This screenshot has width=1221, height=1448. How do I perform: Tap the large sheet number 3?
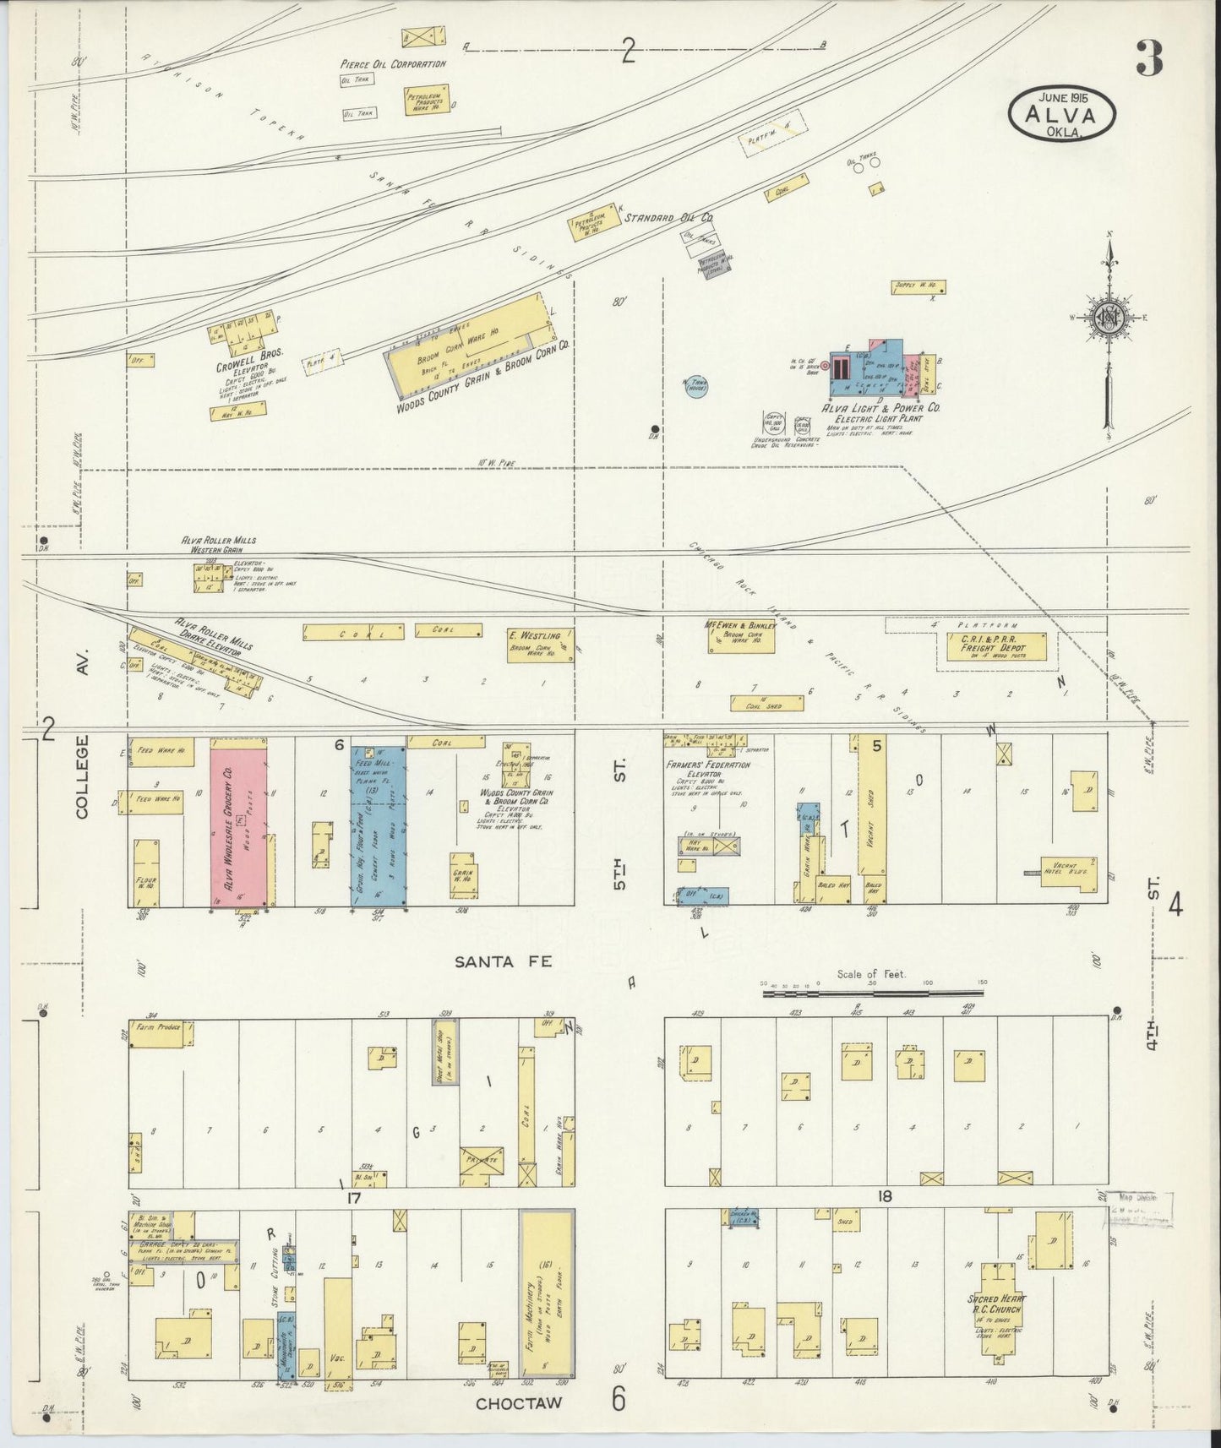pyautogui.click(x=1149, y=57)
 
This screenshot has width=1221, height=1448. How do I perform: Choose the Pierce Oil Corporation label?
pyautogui.click(x=393, y=64)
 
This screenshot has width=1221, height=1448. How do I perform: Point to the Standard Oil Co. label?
pyautogui.click(x=668, y=218)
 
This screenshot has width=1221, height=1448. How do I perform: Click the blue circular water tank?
pyautogui.click(x=697, y=389)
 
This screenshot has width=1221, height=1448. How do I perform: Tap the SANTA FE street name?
pyautogui.click(x=504, y=961)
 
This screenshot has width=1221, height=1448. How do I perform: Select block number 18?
pyautogui.click(x=885, y=1196)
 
